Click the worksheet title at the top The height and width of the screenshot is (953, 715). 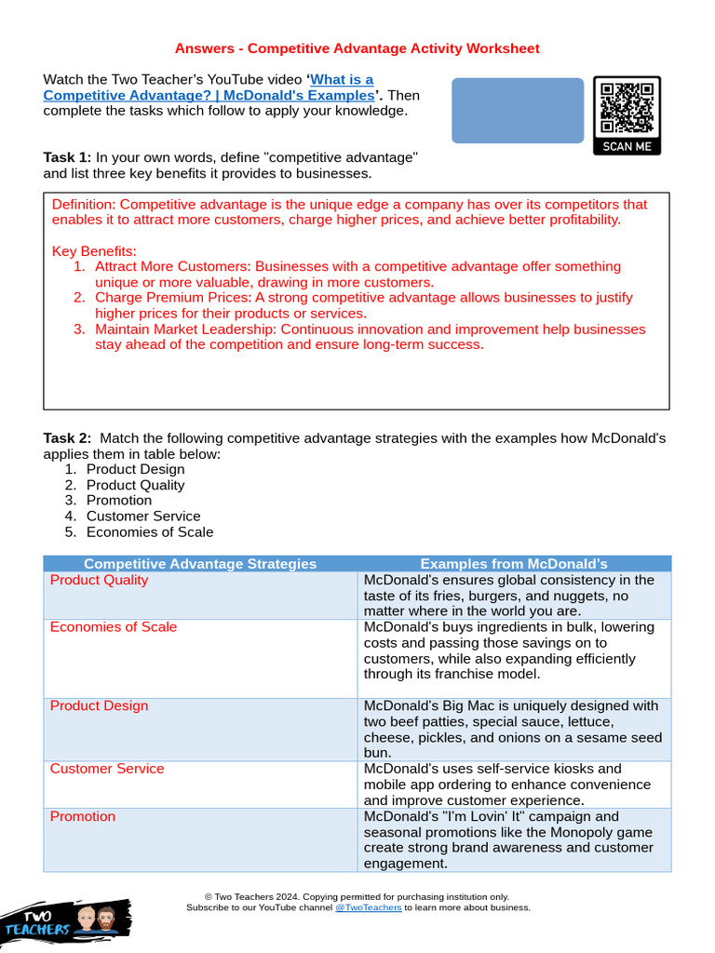pos(357,48)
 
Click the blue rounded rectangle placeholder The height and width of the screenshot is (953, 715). pos(518,111)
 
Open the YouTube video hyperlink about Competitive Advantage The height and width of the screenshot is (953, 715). pos(208,87)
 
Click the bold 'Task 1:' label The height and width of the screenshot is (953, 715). pos(67,157)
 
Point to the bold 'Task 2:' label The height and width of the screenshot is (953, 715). pos(67,438)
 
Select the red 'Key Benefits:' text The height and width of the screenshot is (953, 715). pos(94,251)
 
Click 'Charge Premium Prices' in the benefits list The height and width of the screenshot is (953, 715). pos(172,298)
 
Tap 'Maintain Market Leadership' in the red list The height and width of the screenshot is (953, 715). pos(186,329)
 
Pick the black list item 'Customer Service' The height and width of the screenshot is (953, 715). pos(143,516)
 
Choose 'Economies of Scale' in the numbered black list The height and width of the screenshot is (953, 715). pos(150,531)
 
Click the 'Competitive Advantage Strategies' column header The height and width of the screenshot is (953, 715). pos(200,563)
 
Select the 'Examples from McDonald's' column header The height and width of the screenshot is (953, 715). pos(514,563)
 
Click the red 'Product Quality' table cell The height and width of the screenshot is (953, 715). pos(99,580)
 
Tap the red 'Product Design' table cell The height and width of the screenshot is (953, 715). pos(99,705)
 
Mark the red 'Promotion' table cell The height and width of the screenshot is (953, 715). pos(83,816)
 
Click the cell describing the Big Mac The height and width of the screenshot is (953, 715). pos(513,729)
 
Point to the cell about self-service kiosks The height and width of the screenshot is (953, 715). pos(513,785)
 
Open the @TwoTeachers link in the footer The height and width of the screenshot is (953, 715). pos(368,907)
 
